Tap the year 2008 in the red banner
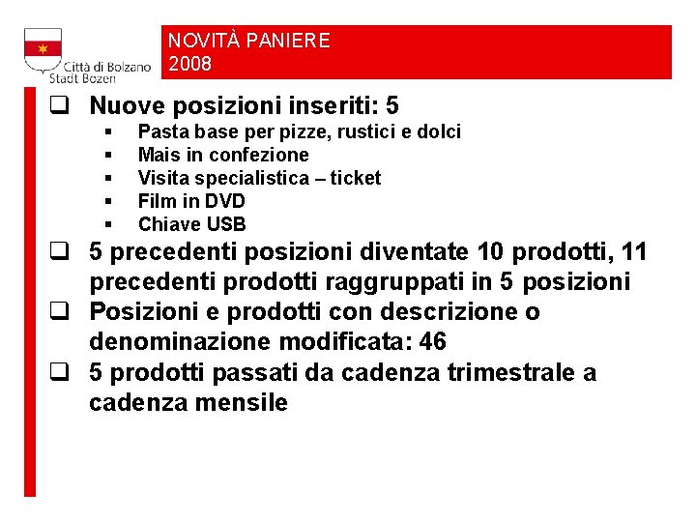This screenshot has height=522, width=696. tap(189, 65)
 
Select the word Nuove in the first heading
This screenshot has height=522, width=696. tap(122, 104)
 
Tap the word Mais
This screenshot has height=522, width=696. tap(157, 155)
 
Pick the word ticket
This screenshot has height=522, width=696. tap(355, 178)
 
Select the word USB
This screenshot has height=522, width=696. tap(227, 224)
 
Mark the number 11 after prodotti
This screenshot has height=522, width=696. tap(634, 252)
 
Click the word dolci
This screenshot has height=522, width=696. tap(438, 131)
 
